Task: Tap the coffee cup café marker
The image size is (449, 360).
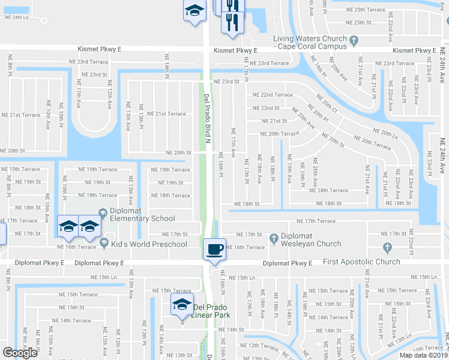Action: pos(214,248)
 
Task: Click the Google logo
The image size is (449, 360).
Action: pos(20,352)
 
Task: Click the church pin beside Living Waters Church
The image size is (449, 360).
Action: pos(354,40)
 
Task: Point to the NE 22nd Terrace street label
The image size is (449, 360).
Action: pos(273,95)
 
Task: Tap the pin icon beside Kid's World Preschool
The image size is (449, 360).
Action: pos(104,244)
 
